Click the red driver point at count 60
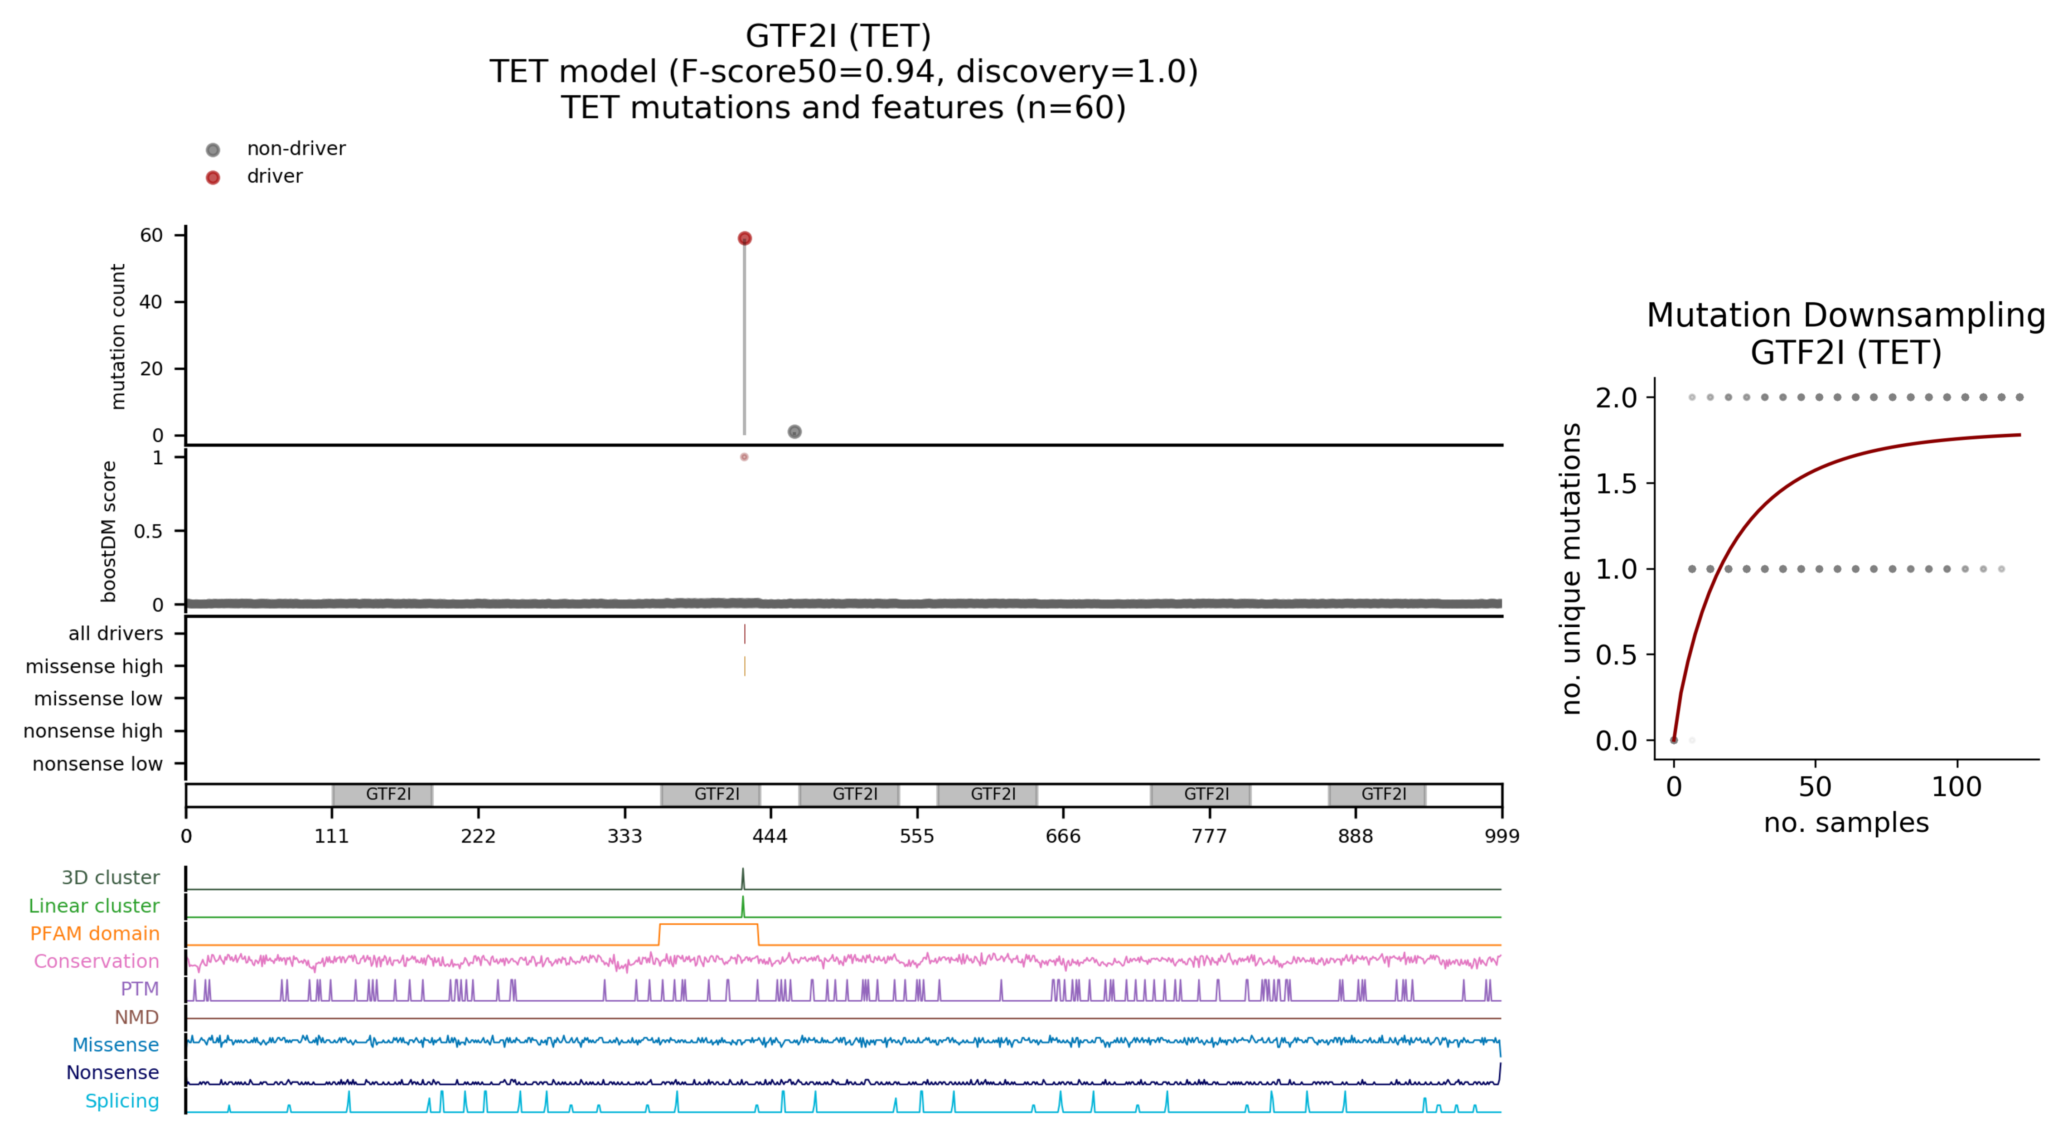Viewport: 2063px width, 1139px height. [744, 238]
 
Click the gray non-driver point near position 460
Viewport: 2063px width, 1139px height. [794, 432]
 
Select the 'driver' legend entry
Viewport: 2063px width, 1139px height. [274, 176]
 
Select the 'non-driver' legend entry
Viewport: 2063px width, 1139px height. [295, 149]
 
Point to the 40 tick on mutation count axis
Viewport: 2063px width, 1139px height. [150, 302]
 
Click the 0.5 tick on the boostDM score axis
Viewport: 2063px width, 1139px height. [148, 531]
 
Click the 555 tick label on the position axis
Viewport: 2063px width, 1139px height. [916, 836]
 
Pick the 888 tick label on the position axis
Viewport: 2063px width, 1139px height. [1355, 836]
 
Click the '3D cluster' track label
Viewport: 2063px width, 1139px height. [111, 878]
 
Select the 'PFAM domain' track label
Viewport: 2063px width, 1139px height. [95, 934]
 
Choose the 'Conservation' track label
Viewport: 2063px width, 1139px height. [96, 961]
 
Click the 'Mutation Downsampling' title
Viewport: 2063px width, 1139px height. [1845, 315]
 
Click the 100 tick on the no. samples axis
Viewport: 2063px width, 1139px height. [1956, 786]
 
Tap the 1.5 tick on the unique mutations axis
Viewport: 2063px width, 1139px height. [1616, 484]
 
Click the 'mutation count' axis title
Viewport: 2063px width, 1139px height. [118, 336]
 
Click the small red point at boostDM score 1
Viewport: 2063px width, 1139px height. [744, 457]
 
